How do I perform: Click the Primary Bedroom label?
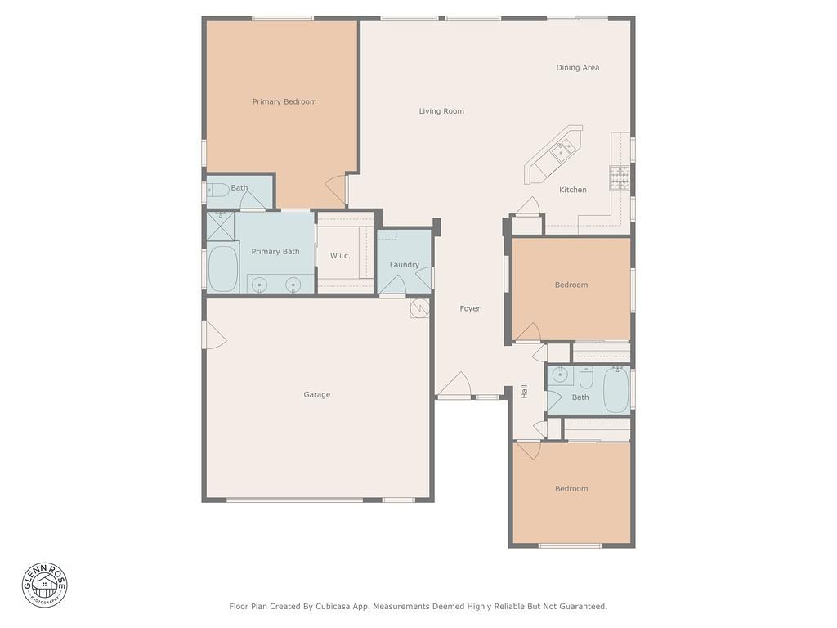[284, 102]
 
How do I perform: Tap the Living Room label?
[441, 111]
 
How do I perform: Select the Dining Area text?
[578, 68]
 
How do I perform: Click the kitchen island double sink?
[563, 150]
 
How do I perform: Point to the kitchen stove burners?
[619, 177]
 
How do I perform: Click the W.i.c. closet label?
[340, 256]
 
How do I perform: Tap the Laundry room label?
[404, 265]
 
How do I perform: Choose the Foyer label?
[470, 309]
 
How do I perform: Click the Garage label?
[317, 395]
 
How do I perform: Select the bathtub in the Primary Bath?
[222, 268]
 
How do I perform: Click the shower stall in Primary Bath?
[220, 226]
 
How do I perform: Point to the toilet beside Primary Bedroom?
[217, 191]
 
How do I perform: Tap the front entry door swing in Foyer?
[454, 385]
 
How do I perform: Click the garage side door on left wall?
[213, 334]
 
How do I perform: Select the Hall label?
[524, 392]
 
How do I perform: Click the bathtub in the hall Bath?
[615, 391]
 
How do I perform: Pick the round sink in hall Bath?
[560, 376]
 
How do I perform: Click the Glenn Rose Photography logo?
[45, 585]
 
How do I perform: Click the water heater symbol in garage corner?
[419, 308]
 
